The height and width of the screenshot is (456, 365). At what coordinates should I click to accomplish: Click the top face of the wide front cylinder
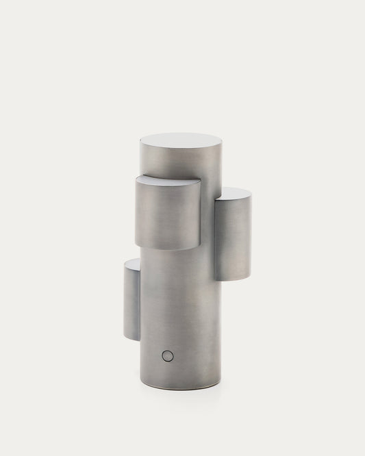point(168,181)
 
